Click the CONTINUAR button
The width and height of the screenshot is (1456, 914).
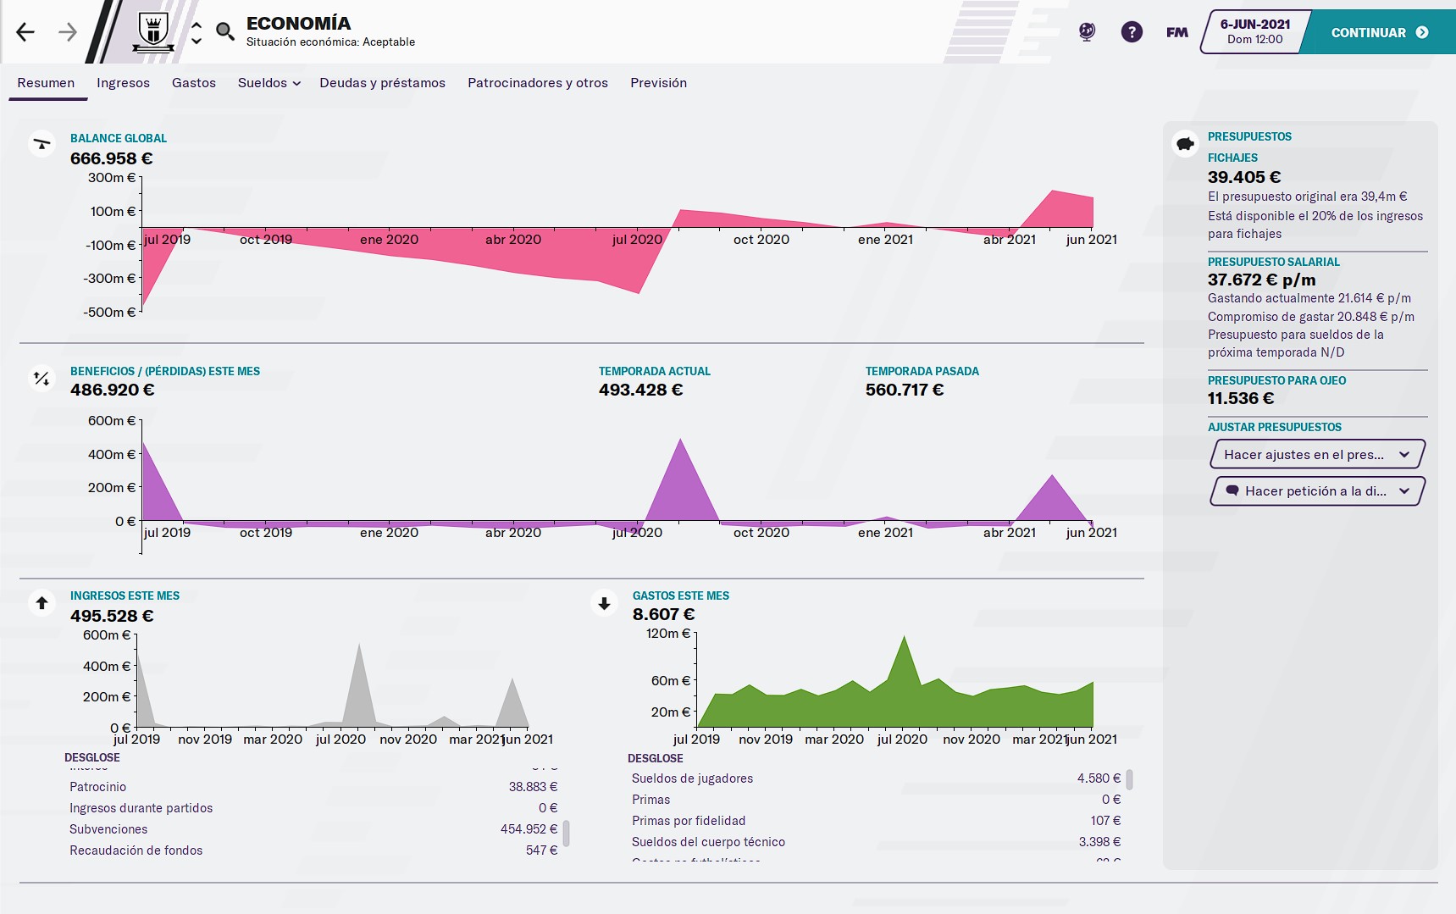pyautogui.click(x=1378, y=33)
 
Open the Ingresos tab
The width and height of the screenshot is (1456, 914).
pyautogui.click(x=123, y=83)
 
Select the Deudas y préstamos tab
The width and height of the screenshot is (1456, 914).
pyautogui.click(x=382, y=83)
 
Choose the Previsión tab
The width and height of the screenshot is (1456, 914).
pyautogui.click(x=658, y=83)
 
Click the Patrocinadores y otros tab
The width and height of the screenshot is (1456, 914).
pyautogui.click(x=537, y=83)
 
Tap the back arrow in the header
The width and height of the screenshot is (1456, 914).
pyautogui.click(x=25, y=33)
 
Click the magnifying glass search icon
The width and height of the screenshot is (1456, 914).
pyautogui.click(x=224, y=32)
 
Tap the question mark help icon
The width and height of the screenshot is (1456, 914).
pyautogui.click(x=1132, y=32)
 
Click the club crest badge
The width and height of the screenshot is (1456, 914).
pyautogui.click(x=153, y=32)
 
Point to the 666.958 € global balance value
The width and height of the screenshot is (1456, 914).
pyautogui.click(x=111, y=158)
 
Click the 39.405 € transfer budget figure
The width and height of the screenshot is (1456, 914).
pyautogui.click(x=1243, y=177)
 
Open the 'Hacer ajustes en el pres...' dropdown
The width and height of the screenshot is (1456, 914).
pyautogui.click(x=1317, y=455)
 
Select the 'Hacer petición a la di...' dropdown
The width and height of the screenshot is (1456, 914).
pyautogui.click(x=1317, y=491)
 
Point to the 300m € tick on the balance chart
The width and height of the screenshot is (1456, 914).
pyautogui.click(x=112, y=178)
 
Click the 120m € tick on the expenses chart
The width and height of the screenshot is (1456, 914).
pyautogui.click(x=668, y=634)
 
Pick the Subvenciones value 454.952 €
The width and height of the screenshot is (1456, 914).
pyautogui.click(x=529, y=829)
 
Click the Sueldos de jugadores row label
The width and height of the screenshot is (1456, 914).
pyautogui.click(x=692, y=778)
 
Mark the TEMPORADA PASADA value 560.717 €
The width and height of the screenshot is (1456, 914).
pyautogui.click(x=904, y=390)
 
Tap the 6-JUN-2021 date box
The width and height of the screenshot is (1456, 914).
pyautogui.click(x=1254, y=32)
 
